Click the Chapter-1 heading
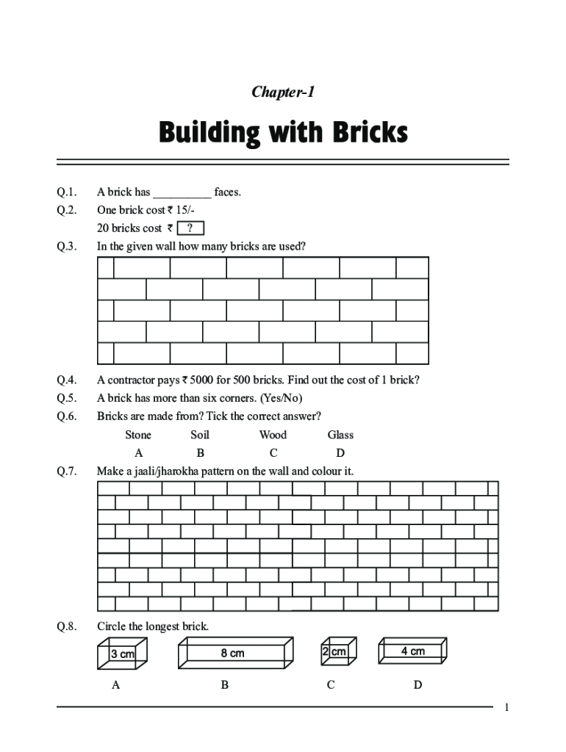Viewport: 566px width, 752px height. (283, 92)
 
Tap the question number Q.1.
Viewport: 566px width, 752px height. (67, 192)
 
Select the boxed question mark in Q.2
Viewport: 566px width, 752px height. (190, 228)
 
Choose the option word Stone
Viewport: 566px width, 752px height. (138, 435)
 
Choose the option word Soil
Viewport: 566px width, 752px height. (200, 435)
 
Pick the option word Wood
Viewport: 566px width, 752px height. (273, 435)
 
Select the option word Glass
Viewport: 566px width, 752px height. (340, 435)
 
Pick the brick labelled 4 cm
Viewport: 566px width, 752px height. (412, 651)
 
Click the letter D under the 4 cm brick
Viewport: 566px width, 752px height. (418, 685)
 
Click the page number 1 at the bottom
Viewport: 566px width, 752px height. (506, 707)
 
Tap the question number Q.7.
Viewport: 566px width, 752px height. (67, 471)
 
